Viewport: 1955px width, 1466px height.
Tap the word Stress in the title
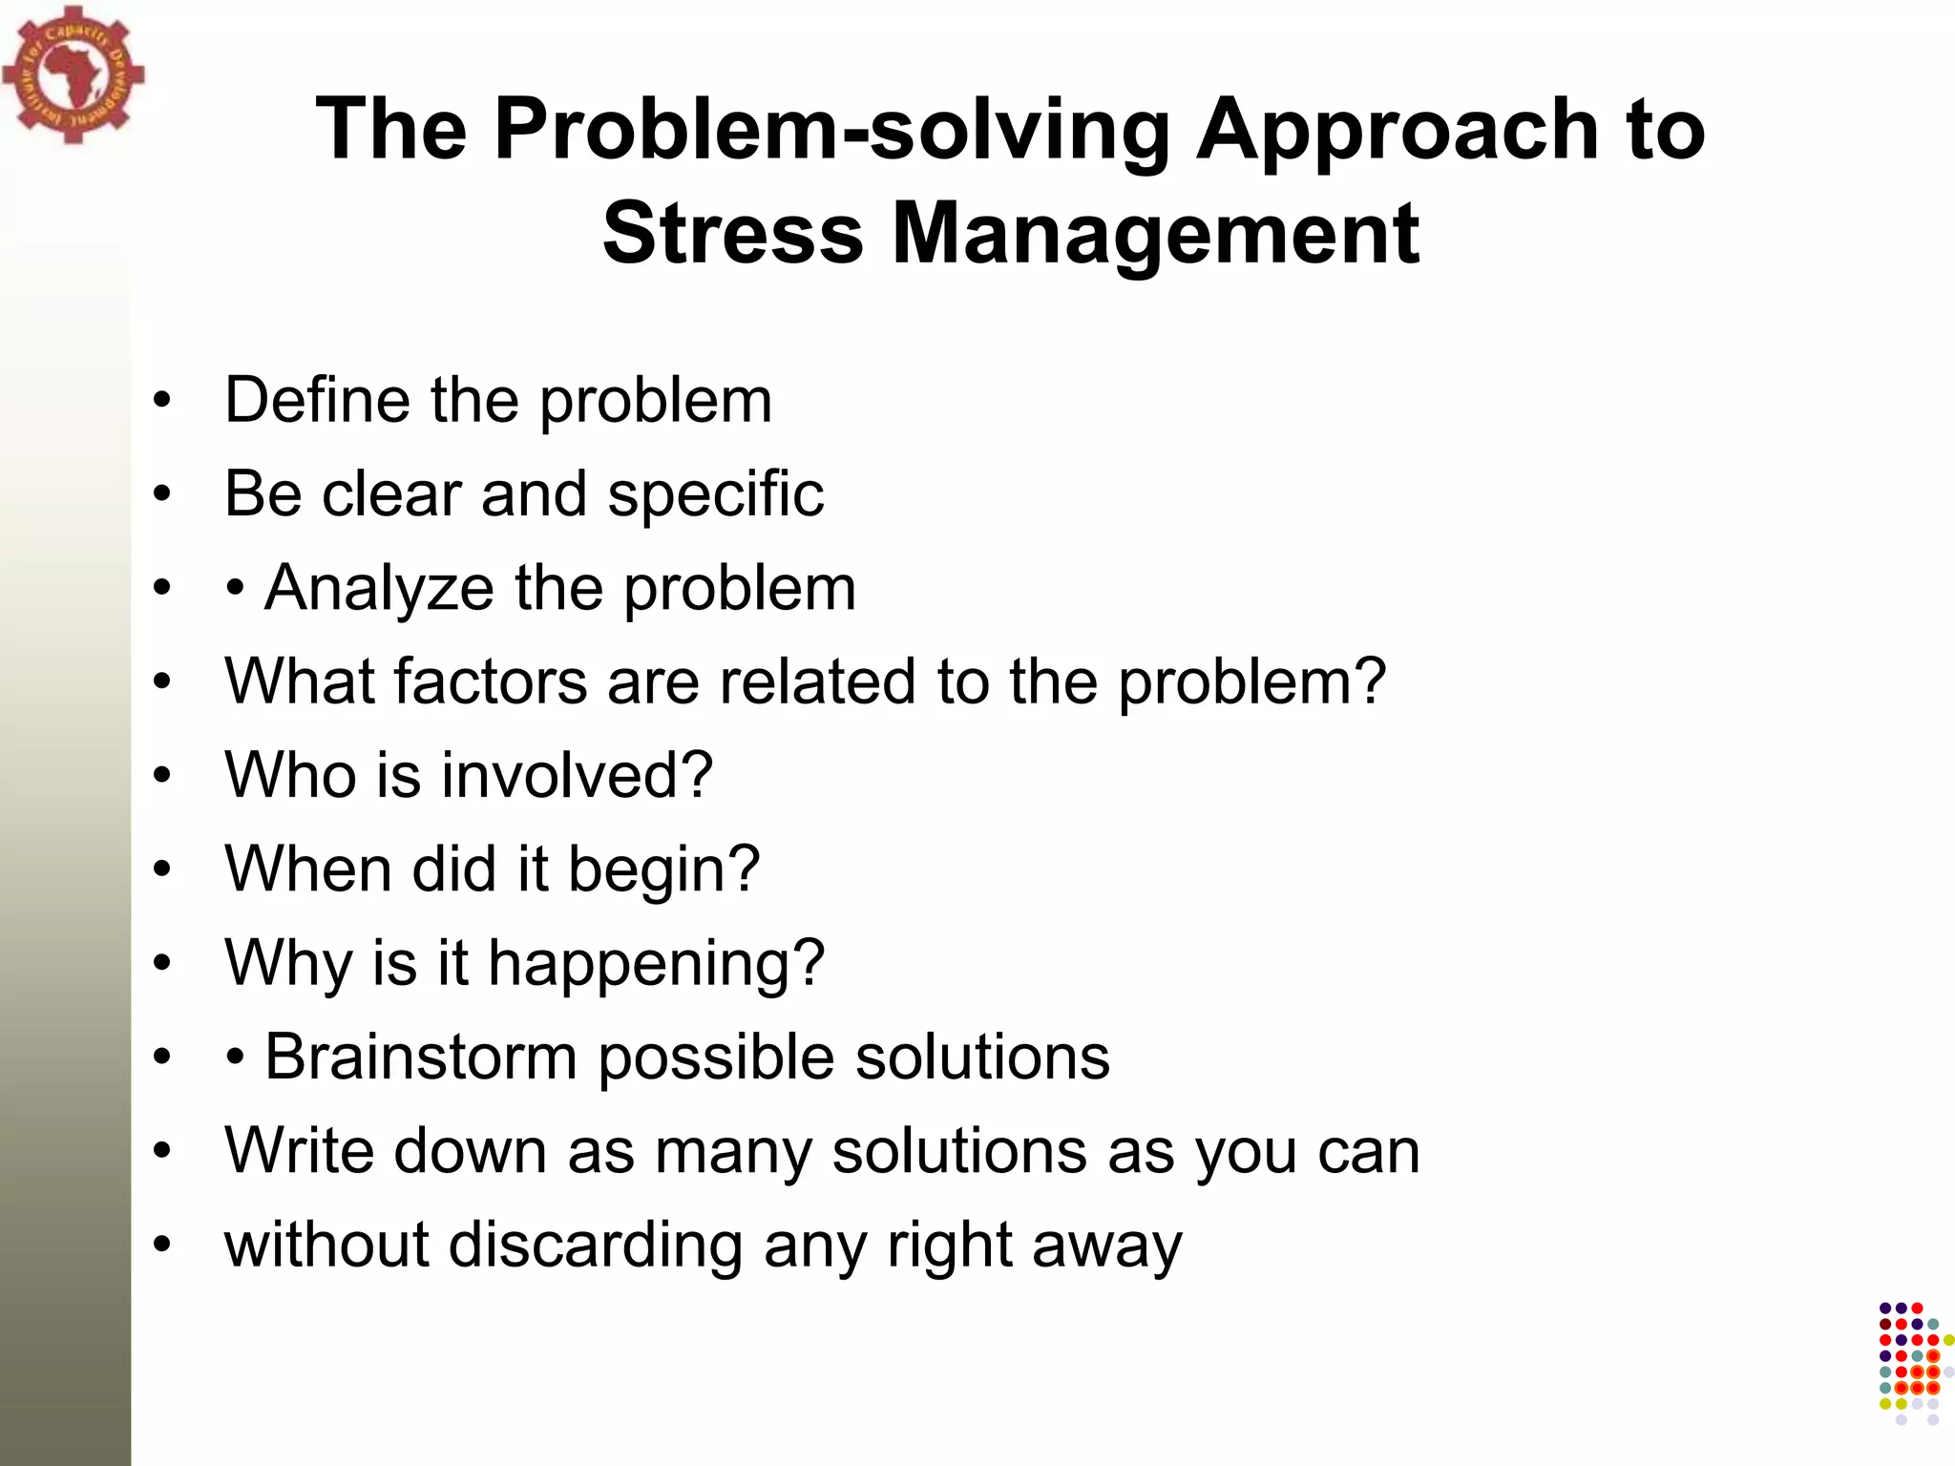(x=732, y=234)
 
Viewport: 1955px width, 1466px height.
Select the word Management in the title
(x=1155, y=234)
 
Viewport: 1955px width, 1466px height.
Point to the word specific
(x=716, y=494)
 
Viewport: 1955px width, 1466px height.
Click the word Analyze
(x=379, y=588)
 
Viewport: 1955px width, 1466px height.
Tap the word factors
(x=491, y=681)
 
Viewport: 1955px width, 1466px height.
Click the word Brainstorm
(x=421, y=1058)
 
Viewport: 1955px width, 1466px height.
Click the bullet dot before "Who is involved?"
(x=163, y=775)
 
